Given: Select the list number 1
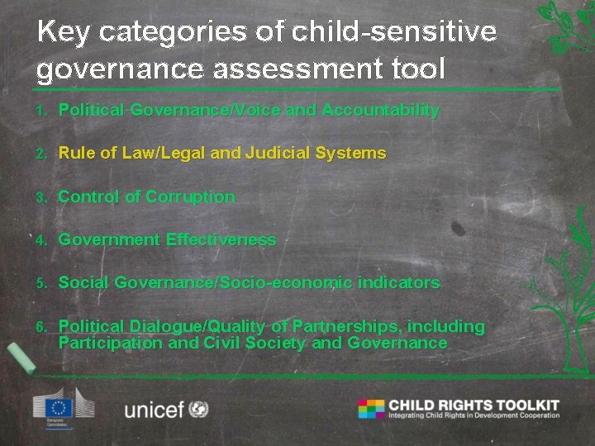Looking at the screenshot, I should [x=40, y=111].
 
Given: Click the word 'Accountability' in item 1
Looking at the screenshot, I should [x=380, y=110].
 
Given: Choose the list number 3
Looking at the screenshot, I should [x=40, y=197].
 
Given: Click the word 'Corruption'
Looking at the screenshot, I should [x=190, y=197].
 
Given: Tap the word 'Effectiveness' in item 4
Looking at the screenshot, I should [x=221, y=240].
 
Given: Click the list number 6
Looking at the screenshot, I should [x=40, y=327].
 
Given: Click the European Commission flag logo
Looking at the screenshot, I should [x=59, y=407].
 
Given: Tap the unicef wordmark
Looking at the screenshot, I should [x=154, y=409].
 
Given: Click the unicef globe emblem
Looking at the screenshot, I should [x=198, y=409].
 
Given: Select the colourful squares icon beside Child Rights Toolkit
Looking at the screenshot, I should [x=371, y=408].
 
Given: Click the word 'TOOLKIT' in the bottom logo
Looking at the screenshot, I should [x=526, y=405].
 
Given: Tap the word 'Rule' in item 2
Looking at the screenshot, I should [x=76, y=153].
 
